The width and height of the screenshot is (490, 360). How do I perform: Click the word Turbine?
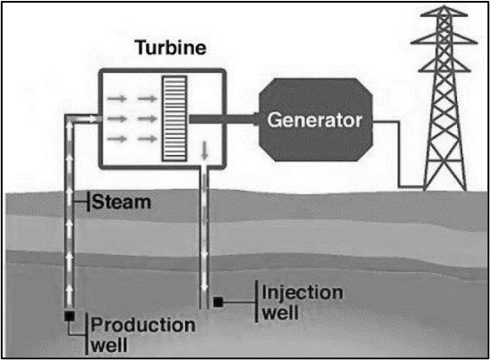[171, 47]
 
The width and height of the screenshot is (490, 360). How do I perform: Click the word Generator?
[314, 120]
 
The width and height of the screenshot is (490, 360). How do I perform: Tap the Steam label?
[121, 202]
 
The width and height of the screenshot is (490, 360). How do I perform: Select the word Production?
[143, 325]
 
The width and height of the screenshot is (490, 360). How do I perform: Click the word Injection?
[303, 292]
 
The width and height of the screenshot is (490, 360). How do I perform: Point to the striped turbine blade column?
[175, 119]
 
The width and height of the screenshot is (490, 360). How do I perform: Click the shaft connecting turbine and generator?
[223, 119]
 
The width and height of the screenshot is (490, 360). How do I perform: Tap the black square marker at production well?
[69, 316]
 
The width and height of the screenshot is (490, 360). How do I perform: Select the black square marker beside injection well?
[218, 302]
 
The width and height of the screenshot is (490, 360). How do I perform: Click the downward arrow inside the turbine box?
[204, 150]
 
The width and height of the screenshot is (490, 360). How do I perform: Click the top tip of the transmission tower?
[444, 5]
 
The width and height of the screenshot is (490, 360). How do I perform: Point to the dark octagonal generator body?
[315, 119]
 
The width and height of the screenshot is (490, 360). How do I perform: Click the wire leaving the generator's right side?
[399, 154]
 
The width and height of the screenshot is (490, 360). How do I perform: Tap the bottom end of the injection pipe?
[204, 308]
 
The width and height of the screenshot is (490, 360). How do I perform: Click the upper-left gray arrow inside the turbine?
[117, 99]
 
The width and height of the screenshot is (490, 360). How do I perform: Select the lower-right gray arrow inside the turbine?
[147, 138]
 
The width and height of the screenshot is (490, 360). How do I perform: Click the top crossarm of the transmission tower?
[444, 14]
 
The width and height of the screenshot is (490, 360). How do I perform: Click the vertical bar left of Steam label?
[88, 202]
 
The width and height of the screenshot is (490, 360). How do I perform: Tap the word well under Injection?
[281, 313]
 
